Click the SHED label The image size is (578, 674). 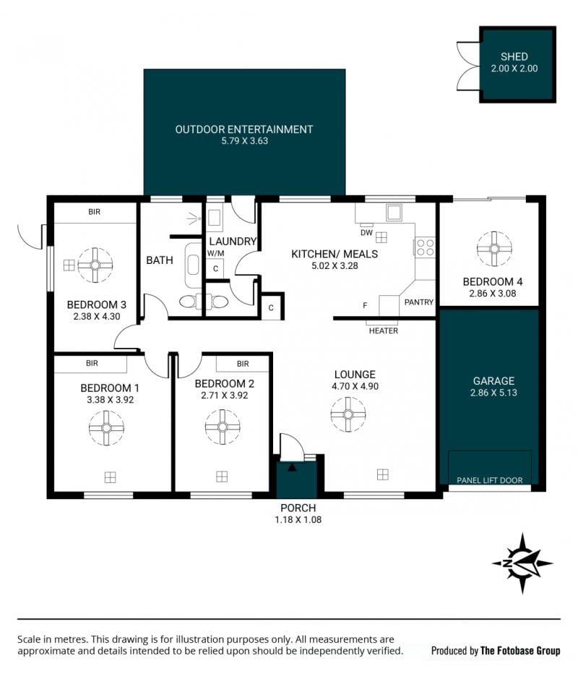(x=514, y=56)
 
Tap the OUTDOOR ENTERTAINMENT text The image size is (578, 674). (x=244, y=129)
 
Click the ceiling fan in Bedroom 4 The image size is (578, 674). (x=494, y=249)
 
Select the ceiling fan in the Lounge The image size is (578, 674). (x=348, y=414)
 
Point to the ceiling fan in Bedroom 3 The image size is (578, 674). (x=95, y=265)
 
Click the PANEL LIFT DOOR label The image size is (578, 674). (x=490, y=480)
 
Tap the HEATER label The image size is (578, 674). (x=384, y=330)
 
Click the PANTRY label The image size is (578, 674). (x=418, y=302)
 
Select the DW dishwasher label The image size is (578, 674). (x=366, y=233)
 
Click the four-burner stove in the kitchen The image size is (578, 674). (x=425, y=247)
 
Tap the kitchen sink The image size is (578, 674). (x=394, y=213)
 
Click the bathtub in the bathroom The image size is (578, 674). (x=193, y=265)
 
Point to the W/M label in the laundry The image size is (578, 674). (x=215, y=254)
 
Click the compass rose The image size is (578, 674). (x=522, y=563)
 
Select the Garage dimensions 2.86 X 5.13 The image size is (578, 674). (x=493, y=393)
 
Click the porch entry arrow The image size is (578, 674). (x=292, y=467)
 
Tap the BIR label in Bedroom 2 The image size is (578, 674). (x=243, y=364)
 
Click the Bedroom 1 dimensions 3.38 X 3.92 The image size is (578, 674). (x=111, y=400)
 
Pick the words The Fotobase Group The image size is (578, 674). (x=520, y=651)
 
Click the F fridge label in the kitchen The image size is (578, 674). (x=365, y=305)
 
